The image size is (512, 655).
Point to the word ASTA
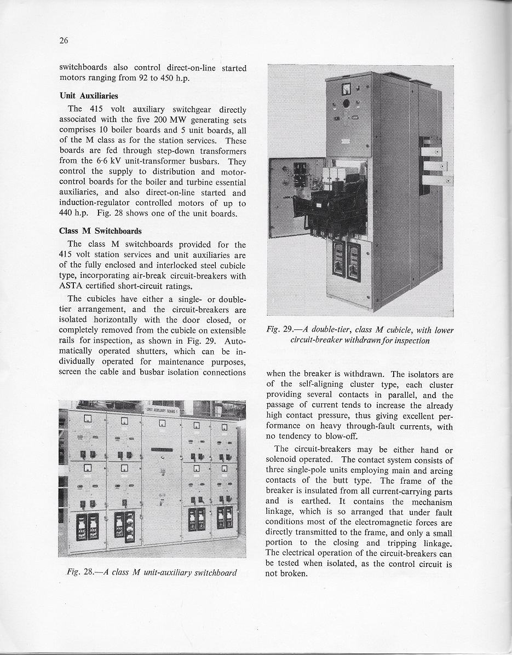71,286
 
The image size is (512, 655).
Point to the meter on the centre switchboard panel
163,424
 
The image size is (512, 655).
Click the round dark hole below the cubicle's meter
346,103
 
